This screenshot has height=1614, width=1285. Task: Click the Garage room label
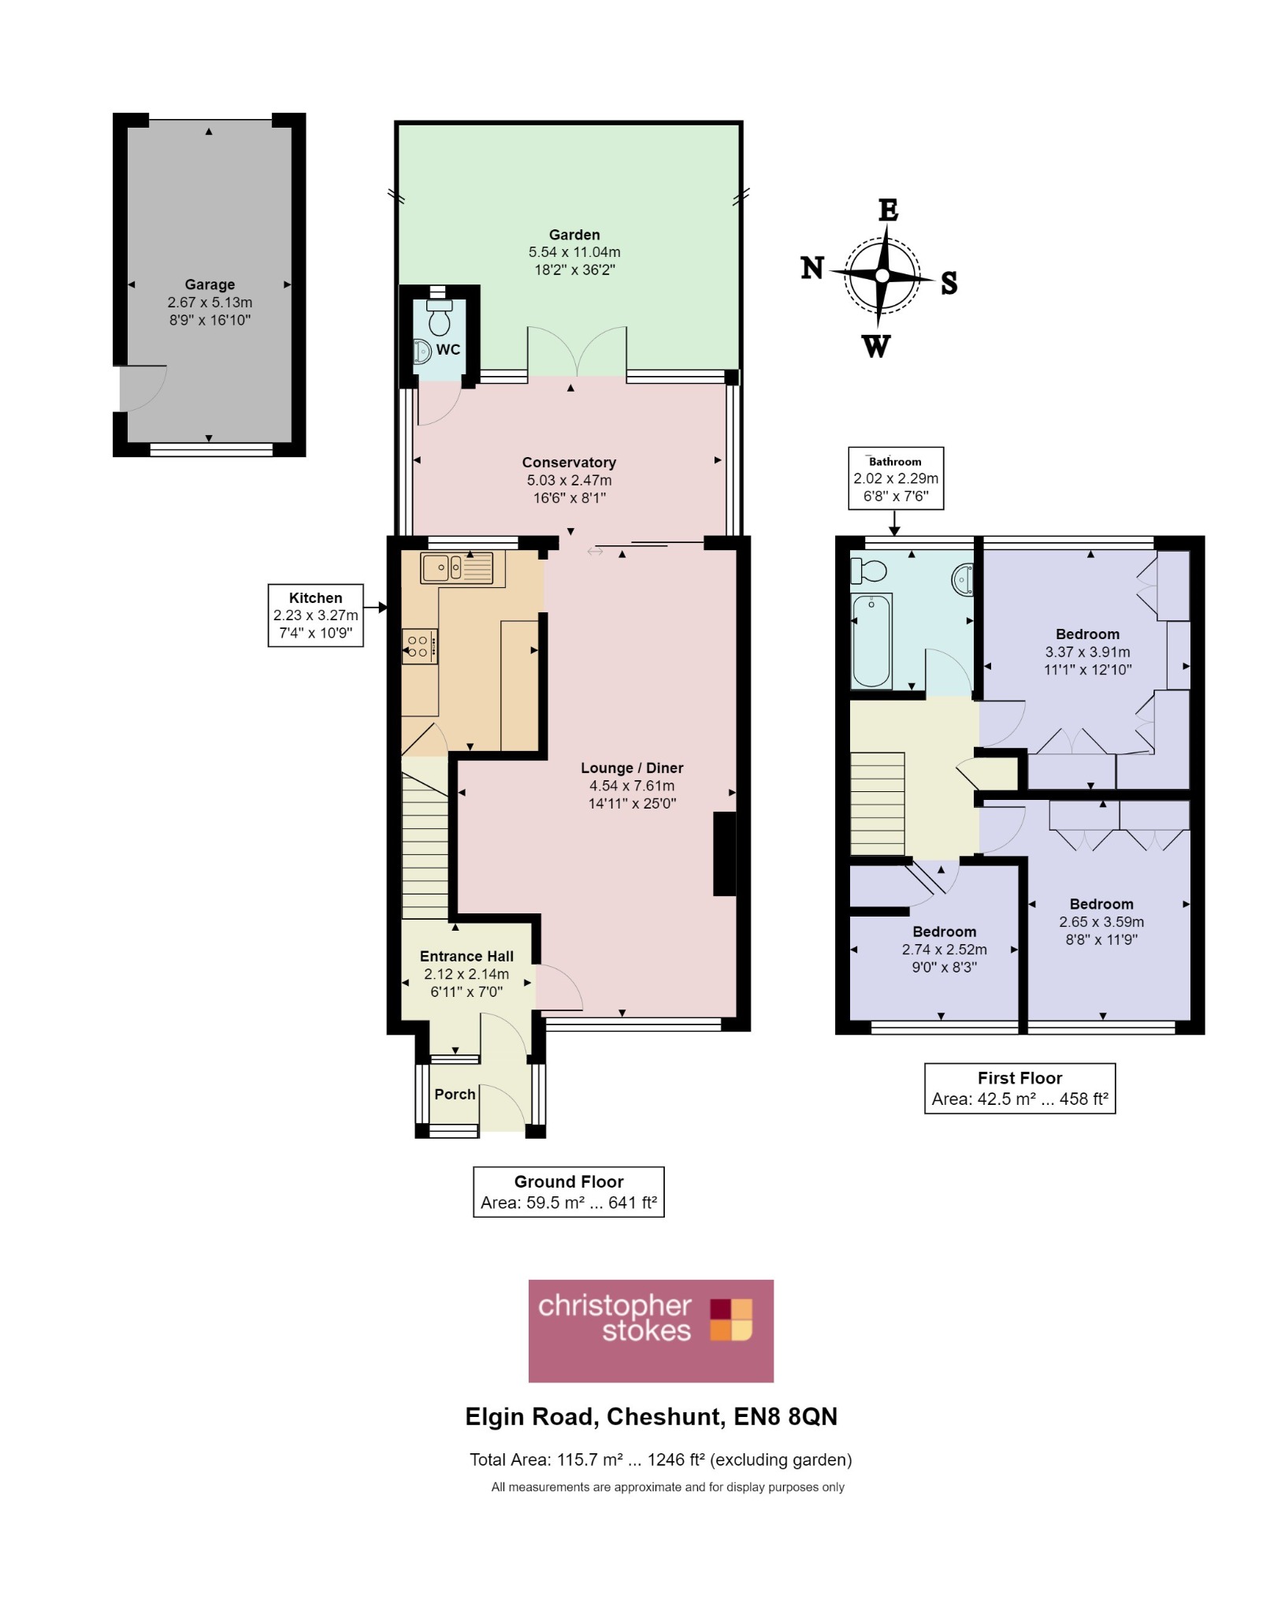[210, 284]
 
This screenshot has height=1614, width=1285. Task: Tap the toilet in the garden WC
[440, 317]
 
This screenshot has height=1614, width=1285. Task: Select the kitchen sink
[456, 567]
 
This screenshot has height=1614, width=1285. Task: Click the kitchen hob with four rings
[419, 647]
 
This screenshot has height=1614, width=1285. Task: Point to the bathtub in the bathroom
[871, 641]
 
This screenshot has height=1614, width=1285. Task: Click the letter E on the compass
[888, 210]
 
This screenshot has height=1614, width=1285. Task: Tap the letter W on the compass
[876, 346]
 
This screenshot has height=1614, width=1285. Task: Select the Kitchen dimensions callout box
[316, 615]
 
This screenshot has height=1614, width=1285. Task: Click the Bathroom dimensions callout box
[896, 478]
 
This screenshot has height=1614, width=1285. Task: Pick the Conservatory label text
[569, 463]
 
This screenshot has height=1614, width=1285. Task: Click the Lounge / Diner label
[632, 768]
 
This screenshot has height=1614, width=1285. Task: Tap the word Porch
[455, 1094]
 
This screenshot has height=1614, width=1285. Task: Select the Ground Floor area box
[569, 1192]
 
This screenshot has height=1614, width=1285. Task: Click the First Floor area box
[1019, 1088]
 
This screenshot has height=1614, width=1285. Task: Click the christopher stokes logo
[651, 1331]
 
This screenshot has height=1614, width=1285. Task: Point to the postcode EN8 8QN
[785, 1417]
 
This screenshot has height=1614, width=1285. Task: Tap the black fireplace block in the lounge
[724, 853]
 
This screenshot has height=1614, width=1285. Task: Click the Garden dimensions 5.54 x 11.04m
[574, 252]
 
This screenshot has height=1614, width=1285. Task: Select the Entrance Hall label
[466, 956]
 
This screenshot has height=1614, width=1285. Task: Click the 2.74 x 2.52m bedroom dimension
[944, 950]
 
